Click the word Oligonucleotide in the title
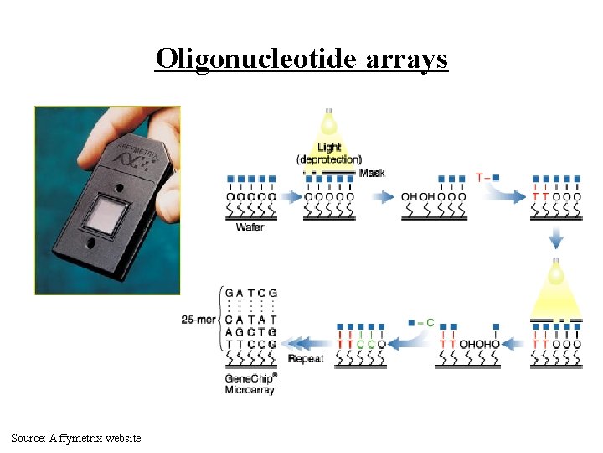click(x=249, y=60)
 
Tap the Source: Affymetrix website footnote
click(x=76, y=438)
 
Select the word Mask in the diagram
click(x=372, y=173)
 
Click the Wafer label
click(x=250, y=227)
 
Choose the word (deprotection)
click(x=329, y=159)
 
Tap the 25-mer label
click(x=198, y=320)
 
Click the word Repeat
click(x=306, y=359)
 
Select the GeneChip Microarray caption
click(x=251, y=384)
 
